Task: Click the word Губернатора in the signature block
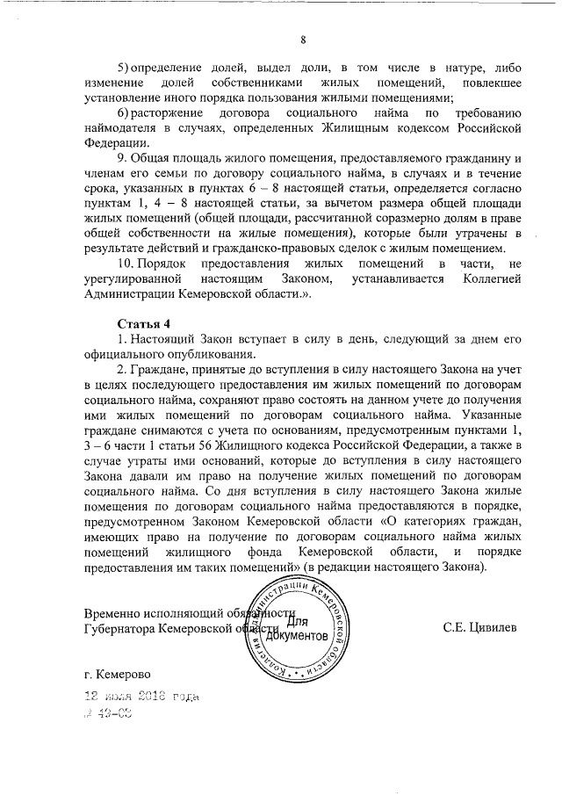123,628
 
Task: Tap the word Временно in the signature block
117,613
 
